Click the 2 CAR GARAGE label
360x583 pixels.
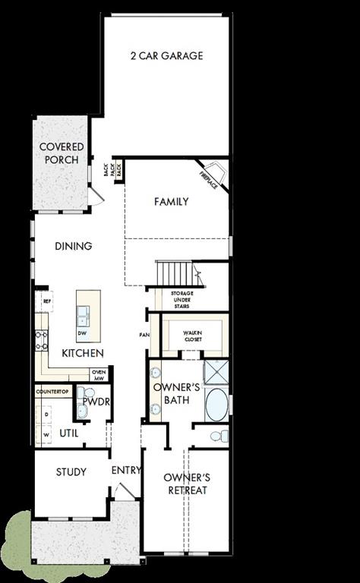coord(166,56)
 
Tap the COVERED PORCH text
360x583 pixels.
coord(62,153)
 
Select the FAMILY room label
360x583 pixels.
coord(171,202)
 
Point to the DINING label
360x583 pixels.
coord(74,246)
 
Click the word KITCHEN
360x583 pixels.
coord(83,354)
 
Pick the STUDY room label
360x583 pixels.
coord(71,472)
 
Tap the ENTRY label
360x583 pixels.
coord(126,471)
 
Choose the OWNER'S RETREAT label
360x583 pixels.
coord(186,484)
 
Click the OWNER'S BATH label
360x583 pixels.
coord(176,393)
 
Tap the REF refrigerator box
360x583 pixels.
coord(46,301)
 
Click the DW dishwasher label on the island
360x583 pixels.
coord(82,333)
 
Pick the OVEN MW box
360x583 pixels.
coord(99,375)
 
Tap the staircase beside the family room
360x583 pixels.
coord(174,272)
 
